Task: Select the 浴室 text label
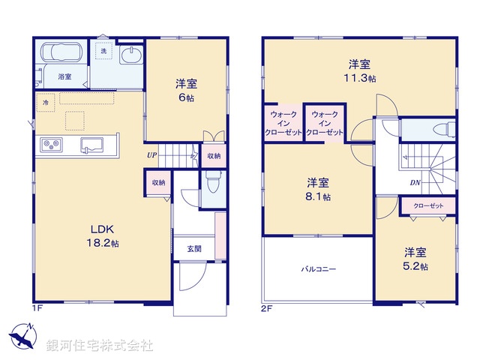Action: [65, 76]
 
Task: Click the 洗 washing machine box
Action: [104, 51]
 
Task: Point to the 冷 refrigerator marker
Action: [46, 102]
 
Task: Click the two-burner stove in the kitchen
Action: [50, 144]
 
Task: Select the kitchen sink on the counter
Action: [93, 144]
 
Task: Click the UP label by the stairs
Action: [152, 155]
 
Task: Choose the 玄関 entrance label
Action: [194, 248]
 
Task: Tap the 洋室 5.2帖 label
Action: [414, 259]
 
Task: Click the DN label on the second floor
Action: [415, 182]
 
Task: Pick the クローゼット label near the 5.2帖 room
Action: [428, 205]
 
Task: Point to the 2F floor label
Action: [265, 307]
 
